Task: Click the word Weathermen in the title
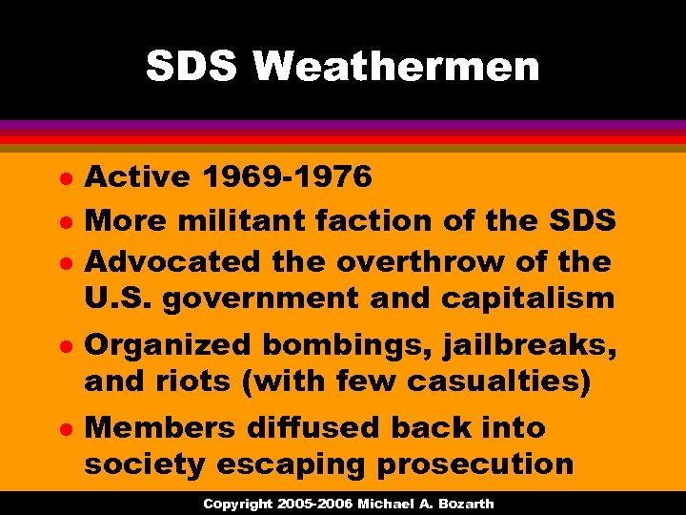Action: pos(396,67)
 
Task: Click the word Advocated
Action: pos(172,260)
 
